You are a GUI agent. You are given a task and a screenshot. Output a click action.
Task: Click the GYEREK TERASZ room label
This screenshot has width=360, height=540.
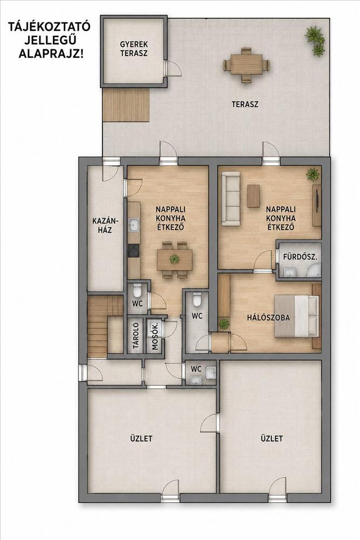[134, 49]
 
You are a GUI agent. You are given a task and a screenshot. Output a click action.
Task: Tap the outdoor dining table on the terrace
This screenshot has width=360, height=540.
[246, 64]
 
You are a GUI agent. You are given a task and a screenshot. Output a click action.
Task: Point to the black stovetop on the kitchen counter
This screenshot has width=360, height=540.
[134, 251]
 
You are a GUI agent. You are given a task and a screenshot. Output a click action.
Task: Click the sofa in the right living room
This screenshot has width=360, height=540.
[230, 199]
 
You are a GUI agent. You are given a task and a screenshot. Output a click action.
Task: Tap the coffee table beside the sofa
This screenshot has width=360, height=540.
[253, 196]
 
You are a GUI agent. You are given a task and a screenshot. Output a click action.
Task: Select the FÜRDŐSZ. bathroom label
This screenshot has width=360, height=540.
[300, 256]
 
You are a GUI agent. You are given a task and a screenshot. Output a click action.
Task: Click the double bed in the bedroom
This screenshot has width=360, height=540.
[296, 316]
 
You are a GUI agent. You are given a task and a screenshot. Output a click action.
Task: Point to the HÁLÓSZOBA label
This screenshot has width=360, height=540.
[268, 318]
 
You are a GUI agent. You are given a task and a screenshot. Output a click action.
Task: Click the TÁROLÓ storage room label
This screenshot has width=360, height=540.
[135, 335]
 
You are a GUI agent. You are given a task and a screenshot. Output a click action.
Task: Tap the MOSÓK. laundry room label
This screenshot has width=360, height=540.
[155, 336]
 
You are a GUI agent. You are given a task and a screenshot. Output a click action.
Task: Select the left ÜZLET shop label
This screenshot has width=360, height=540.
[141, 438]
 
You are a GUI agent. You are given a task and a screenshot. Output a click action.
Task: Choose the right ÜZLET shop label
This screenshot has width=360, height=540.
[272, 438]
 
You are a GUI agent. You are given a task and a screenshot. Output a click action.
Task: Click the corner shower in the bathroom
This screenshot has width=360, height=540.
[314, 270]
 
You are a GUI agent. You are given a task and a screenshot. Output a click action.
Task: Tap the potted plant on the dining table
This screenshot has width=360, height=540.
[174, 259]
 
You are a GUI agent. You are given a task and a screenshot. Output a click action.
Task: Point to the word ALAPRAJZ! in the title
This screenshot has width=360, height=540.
[51, 53]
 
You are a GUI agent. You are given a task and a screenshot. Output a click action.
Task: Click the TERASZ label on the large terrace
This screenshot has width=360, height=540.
[245, 104]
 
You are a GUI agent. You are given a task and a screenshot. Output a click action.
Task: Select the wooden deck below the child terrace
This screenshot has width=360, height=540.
[126, 105]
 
